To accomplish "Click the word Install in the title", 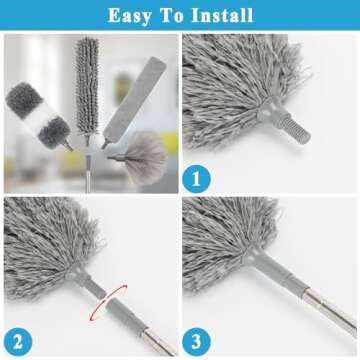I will tap(220, 15).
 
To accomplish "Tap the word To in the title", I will tap(170, 15).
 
